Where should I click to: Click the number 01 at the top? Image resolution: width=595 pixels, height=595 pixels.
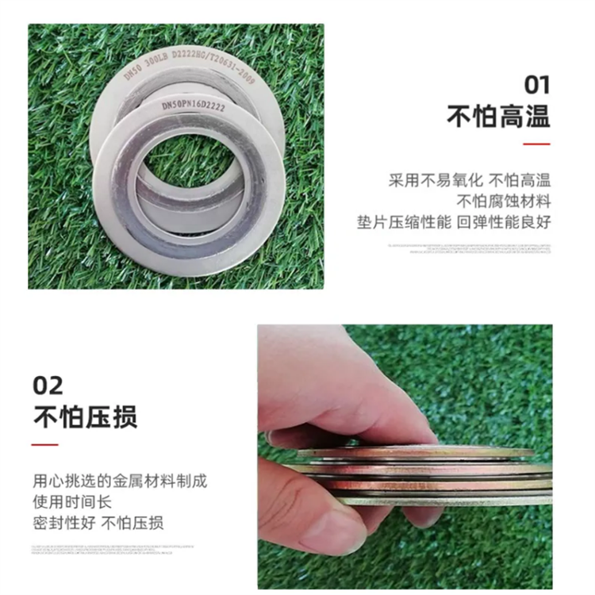536,85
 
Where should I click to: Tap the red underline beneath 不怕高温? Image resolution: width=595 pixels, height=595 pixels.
538,144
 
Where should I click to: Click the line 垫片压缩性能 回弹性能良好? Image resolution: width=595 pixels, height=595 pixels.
454,221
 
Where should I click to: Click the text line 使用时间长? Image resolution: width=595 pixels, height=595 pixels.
75,502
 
